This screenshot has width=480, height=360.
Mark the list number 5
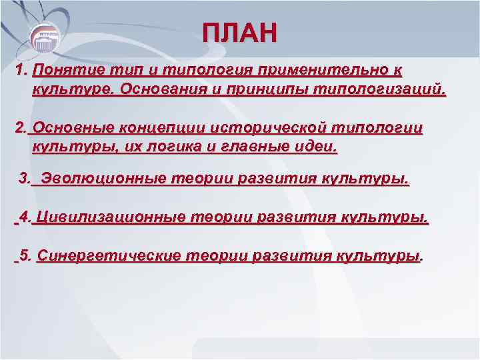click(25, 255)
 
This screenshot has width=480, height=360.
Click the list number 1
click(21, 69)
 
